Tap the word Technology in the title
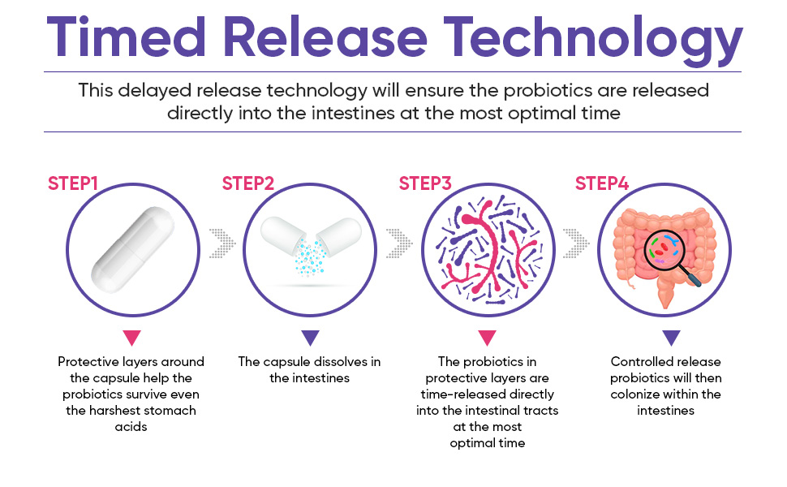(593, 40)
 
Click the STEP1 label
(73, 183)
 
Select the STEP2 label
(248, 183)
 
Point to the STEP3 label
(425, 183)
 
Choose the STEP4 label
(602, 183)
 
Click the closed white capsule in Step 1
(132, 249)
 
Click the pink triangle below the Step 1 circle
(132, 337)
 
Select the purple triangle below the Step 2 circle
(310, 337)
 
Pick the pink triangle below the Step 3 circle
(487, 337)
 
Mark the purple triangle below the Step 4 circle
(671, 337)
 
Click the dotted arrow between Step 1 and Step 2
(221, 243)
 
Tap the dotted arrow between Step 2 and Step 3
(399, 243)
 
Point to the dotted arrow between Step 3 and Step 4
(576, 243)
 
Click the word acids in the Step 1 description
(131, 427)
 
